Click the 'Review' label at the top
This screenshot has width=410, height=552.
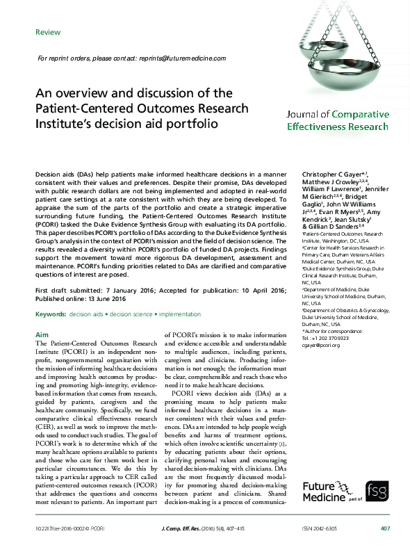coord(48,32)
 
